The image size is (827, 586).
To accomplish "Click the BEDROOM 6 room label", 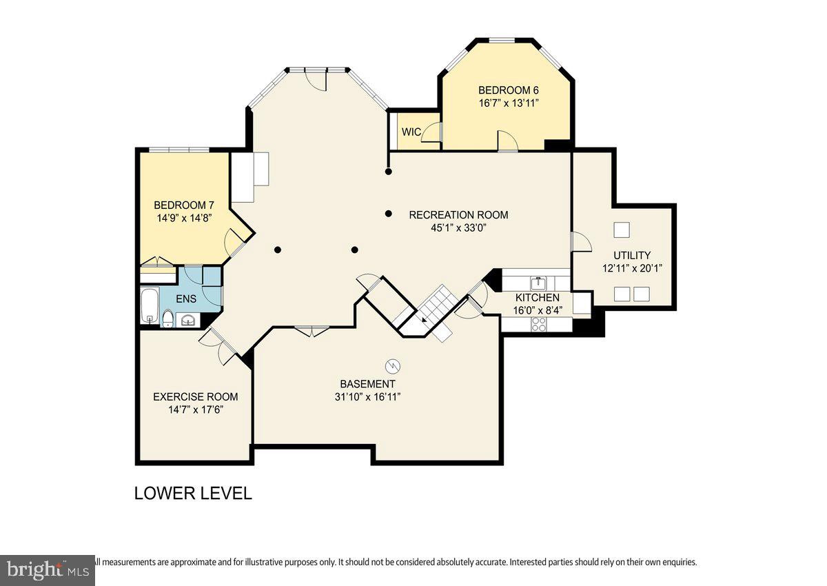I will (509, 90).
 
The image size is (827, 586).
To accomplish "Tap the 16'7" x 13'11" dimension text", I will (509, 103).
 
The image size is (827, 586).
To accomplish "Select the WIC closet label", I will (411, 132).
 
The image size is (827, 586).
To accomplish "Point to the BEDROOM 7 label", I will (184, 205).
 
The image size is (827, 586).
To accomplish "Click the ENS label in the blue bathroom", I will (186, 299).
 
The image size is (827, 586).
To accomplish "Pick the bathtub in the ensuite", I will (149, 307).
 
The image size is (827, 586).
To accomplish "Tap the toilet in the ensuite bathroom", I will (167, 318).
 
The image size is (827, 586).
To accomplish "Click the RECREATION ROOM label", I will (458, 215).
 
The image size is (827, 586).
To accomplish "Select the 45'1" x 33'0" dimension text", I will (458, 228).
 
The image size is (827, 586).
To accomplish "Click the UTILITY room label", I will (632, 255).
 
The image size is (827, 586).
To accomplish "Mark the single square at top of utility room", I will (622, 230).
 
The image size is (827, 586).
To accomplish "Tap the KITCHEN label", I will (538, 298).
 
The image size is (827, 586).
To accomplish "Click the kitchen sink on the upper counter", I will (538, 283).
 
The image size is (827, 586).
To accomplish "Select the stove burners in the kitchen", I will (538, 324).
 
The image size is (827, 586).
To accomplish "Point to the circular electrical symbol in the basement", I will (393, 365).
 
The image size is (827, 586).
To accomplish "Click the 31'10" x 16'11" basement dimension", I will (367, 397).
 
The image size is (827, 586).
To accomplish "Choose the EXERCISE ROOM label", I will (195, 396).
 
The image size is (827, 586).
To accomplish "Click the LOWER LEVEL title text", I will (193, 494).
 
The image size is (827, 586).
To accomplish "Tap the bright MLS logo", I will (47, 570).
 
